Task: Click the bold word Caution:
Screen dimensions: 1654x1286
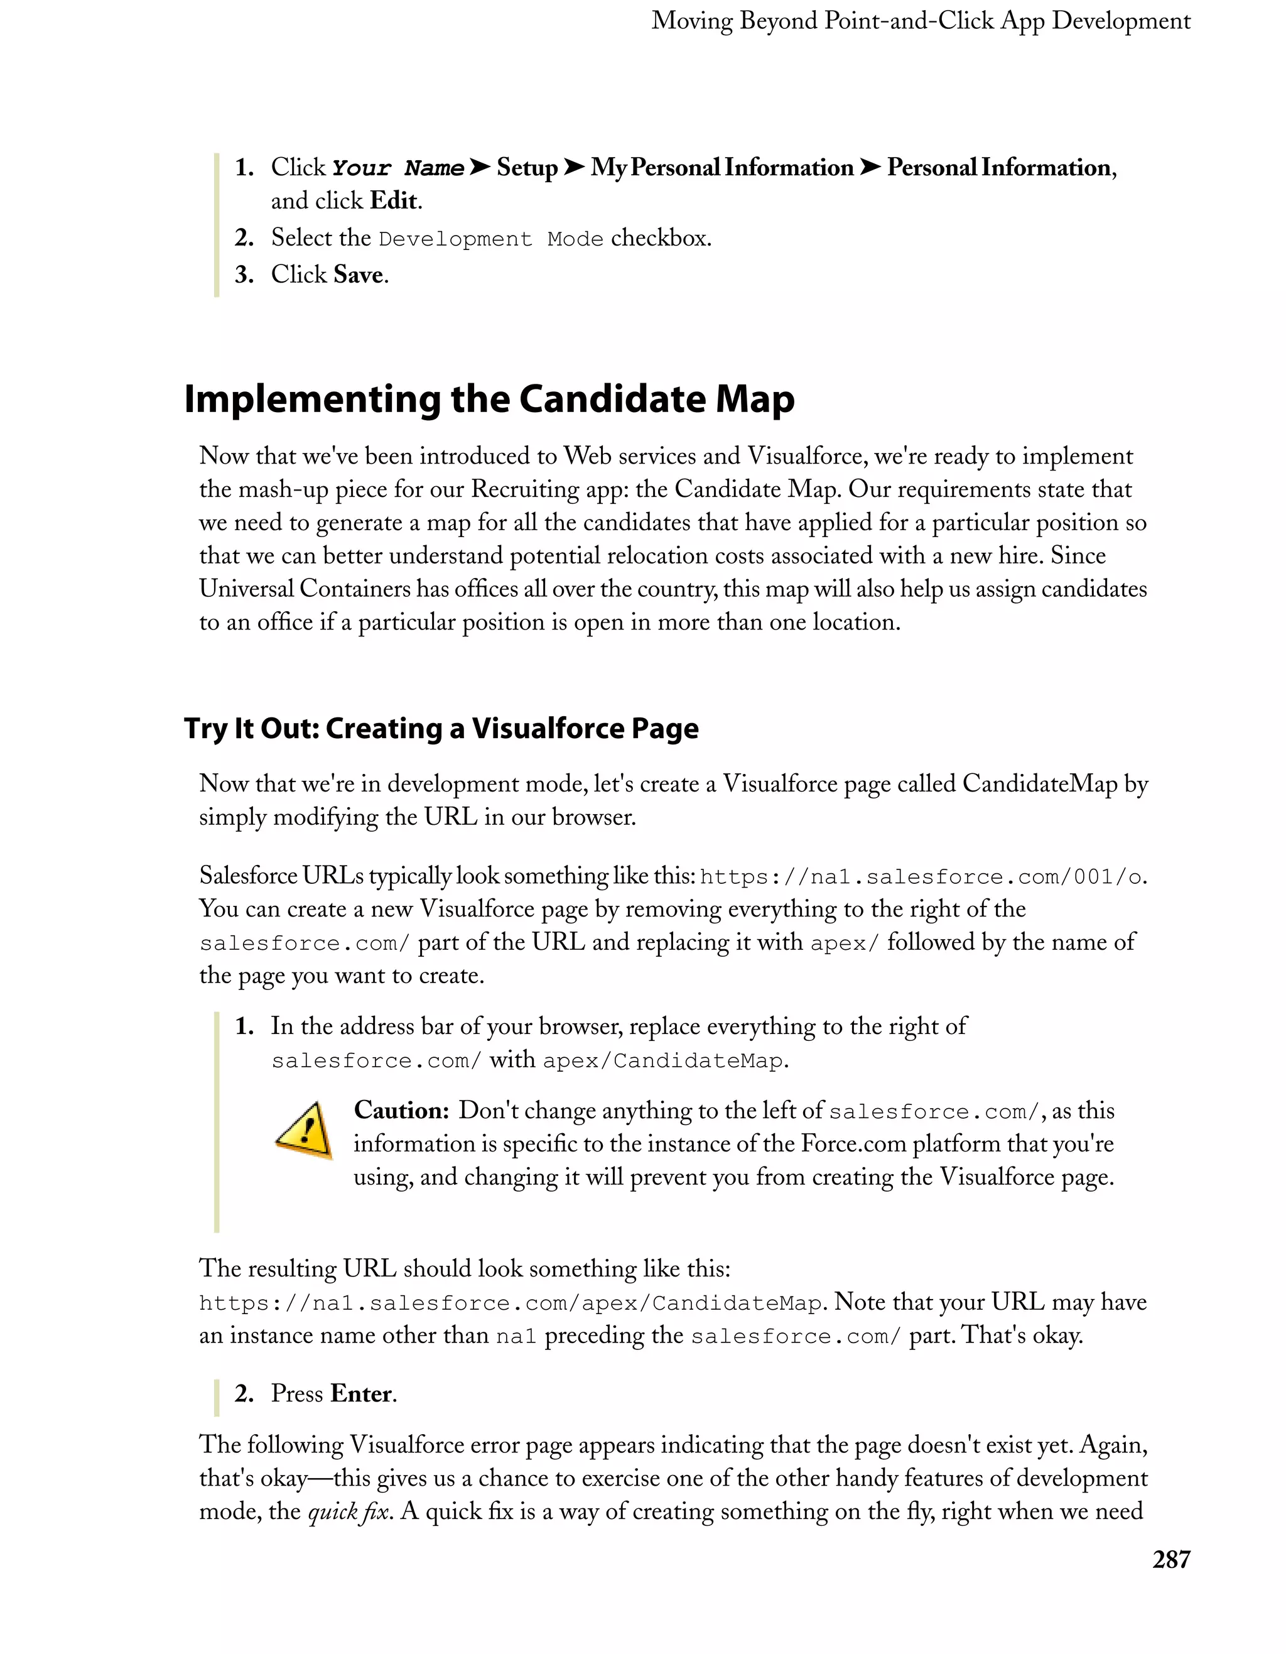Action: [x=401, y=1111]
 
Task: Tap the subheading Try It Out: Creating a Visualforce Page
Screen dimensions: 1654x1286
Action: [x=441, y=729]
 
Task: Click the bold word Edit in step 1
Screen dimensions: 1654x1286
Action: [x=394, y=200]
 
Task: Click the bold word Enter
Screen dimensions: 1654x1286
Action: [x=362, y=1393]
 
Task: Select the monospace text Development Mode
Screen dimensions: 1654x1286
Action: [x=491, y=239]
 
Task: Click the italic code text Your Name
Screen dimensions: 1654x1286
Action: [x=398, y=168]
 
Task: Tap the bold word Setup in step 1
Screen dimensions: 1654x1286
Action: [x=527, y=167]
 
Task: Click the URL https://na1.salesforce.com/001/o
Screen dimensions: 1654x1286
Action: [x=921, y=877]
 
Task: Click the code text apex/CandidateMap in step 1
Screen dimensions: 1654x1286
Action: [x=662, y=1060]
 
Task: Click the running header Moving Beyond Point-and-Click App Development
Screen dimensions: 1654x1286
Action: [x=921, y=21]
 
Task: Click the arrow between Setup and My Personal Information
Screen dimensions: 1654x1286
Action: [x=575, y=166]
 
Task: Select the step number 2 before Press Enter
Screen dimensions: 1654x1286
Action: [x=244, y=1393]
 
